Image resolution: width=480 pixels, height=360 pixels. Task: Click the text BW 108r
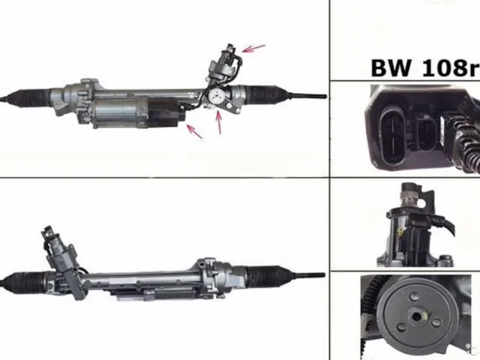(x=425, y=67)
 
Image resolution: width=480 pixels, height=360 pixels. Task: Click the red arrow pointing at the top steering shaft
(x=253, y=48)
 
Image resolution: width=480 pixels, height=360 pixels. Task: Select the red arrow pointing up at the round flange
(x=218, y=122)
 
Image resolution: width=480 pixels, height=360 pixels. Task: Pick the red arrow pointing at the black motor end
(x=194, y=131)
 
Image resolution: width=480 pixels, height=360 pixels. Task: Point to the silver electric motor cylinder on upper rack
(x=119, y=112)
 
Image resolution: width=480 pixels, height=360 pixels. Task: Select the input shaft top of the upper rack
(x=230, y=49)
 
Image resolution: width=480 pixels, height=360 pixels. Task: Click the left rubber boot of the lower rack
(x=25, y=283)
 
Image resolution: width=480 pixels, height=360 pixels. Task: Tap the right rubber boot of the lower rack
(x=266, y=276)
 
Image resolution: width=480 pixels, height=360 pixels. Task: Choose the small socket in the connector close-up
(x=427, y=135)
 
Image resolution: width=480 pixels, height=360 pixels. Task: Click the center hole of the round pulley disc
(x=416, y=316)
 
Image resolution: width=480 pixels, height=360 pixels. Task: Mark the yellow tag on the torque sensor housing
(x=399, y=232)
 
